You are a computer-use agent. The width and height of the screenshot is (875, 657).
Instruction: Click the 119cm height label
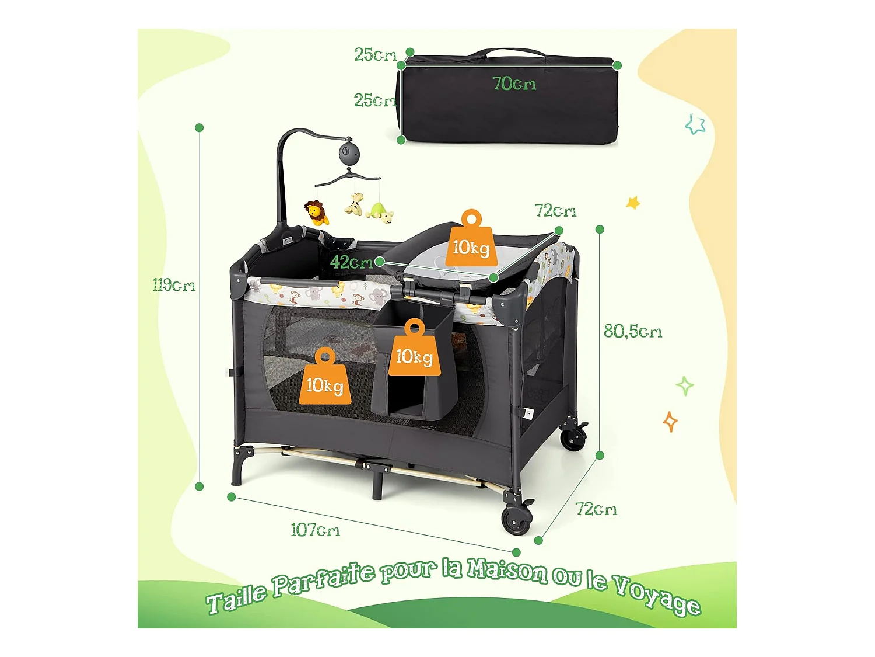[174, 285]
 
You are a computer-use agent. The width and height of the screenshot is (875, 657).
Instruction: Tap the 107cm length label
[315, 530]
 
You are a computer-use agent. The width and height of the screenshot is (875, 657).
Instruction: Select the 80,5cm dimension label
[633, 332]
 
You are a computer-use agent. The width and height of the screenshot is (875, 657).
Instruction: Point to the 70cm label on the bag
[514, 83]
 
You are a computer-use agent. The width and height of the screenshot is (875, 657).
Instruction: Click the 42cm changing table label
[351, 262]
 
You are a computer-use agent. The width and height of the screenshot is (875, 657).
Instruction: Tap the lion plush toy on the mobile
[317, 213]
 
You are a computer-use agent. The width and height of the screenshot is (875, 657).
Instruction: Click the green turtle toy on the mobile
[379, 213]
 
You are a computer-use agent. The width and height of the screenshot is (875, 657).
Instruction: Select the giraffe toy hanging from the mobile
[354, 204]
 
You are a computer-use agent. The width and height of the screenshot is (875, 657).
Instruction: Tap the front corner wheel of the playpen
[517, 519]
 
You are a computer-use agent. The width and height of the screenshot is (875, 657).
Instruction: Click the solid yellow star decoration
[633, 203]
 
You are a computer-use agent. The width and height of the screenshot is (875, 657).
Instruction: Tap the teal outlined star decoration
[695, 124]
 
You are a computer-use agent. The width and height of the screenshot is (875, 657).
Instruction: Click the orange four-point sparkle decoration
[670, 422]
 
